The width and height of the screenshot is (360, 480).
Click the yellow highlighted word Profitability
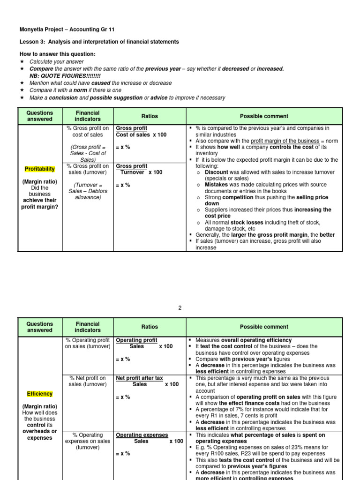(x=39, y=169)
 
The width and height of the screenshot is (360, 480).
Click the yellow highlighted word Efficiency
(x=39, y=394)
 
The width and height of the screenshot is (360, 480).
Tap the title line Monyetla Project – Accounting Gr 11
(x=67, y=29)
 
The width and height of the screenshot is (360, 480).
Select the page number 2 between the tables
(x=180, y=308)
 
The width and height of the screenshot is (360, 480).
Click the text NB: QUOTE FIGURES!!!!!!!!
(x=65, y=76)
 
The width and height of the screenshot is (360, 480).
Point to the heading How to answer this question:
(x=58, y=54)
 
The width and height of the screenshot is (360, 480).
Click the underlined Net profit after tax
(x=139, y=378)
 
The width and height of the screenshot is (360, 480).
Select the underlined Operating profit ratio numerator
(x=136, y=340)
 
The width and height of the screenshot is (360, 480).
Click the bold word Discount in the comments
(x=217, y=172)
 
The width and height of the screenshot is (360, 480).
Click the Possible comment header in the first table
(x=264, y=116)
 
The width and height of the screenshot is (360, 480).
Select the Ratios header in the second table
(x=150, y=327)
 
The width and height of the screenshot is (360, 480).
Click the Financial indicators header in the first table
(x=88, y=116)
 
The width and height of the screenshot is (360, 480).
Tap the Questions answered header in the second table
(x=39, y=327)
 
